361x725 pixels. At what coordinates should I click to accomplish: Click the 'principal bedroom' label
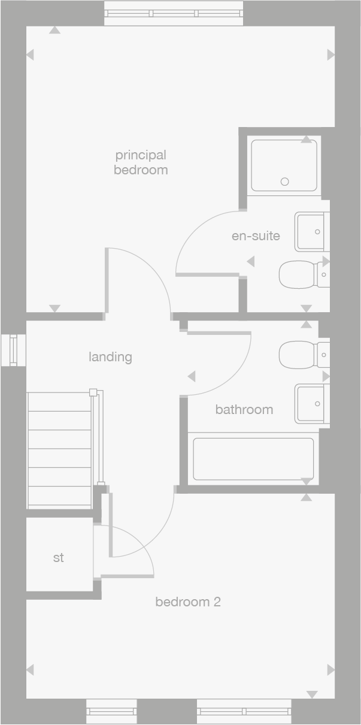(x=141, y=162)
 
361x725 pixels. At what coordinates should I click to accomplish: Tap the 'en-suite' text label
(x=256, y=235)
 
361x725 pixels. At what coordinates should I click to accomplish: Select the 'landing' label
(x=110, y=357)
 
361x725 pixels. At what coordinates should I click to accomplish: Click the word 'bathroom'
(x=244, y=410)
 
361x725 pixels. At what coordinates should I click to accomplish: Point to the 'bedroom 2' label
(x=188, y=602)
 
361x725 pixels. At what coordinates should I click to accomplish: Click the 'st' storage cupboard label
(x=59, y=558)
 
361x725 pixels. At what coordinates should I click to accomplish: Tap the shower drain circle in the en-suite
(x=285, y=182)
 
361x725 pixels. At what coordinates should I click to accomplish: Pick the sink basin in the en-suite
(x=312, y=232)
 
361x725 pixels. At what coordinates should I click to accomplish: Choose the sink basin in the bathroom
(x=312, y=404)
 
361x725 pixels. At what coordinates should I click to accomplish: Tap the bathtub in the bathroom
(x=253, y=458)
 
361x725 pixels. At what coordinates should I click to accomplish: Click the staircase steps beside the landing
(x=60, y=449)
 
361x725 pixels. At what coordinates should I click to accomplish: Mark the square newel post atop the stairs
(x=93, y=392)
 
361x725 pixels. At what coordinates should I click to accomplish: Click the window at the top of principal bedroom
(x=174, y=14)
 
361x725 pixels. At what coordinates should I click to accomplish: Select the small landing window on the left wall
(x=13, y=351)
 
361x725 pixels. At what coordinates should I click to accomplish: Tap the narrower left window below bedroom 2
(x=111, y=711)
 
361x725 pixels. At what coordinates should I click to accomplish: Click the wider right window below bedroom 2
(x=244, y=711)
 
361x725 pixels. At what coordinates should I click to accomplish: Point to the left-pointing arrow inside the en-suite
(x=251, y=261)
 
